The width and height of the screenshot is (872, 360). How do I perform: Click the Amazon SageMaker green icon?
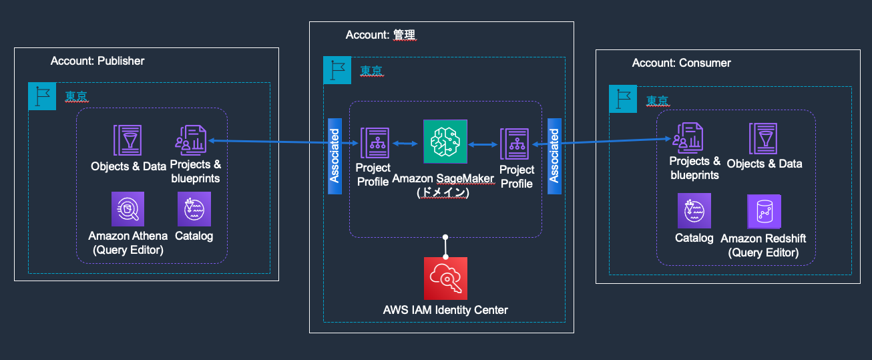445,142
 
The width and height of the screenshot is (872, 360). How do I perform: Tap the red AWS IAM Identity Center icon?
445,279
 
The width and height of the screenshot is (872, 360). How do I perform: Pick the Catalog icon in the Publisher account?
194,209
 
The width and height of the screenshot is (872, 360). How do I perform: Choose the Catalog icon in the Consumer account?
694,210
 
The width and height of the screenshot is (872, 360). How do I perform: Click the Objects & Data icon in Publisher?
127,141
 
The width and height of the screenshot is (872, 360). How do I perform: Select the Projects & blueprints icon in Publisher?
192,141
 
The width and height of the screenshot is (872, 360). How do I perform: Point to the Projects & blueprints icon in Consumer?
688,139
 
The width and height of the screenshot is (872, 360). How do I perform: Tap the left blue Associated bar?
335,156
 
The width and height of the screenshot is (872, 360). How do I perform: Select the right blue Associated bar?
554,156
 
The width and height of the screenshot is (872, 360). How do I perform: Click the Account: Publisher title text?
97,61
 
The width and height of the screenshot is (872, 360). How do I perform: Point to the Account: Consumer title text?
681,63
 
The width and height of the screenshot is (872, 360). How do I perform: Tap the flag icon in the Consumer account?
622,100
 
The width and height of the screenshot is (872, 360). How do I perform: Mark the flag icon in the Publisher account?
41,96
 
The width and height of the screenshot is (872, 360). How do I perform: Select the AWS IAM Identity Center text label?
445,310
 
